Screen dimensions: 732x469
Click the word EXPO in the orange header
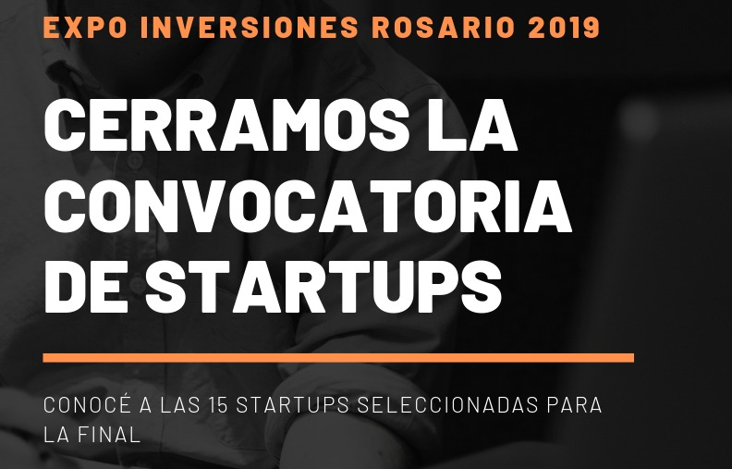click(85, 27)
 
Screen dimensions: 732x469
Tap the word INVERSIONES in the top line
click(250, 27)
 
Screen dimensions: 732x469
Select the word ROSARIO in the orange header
click(443, 27)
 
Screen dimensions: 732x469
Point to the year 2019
click(564, 27)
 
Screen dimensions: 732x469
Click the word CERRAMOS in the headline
click(230, 125)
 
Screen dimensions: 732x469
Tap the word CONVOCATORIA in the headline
click(308, 206)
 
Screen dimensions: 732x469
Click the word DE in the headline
click(86, 287)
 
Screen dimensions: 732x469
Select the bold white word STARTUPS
click(323, 287)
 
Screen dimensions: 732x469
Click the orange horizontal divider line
click(338, 358)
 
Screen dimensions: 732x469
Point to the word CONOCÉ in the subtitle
click(86, 403)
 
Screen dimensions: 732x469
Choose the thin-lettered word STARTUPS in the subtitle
click(293, 405)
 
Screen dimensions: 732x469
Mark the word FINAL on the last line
click(109, 435)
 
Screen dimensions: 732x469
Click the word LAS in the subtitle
click(179, 405)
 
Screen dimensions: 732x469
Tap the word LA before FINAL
click(56, 435)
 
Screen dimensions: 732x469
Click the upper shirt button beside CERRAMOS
click(135, 161)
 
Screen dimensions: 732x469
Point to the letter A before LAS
click(145, 405)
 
